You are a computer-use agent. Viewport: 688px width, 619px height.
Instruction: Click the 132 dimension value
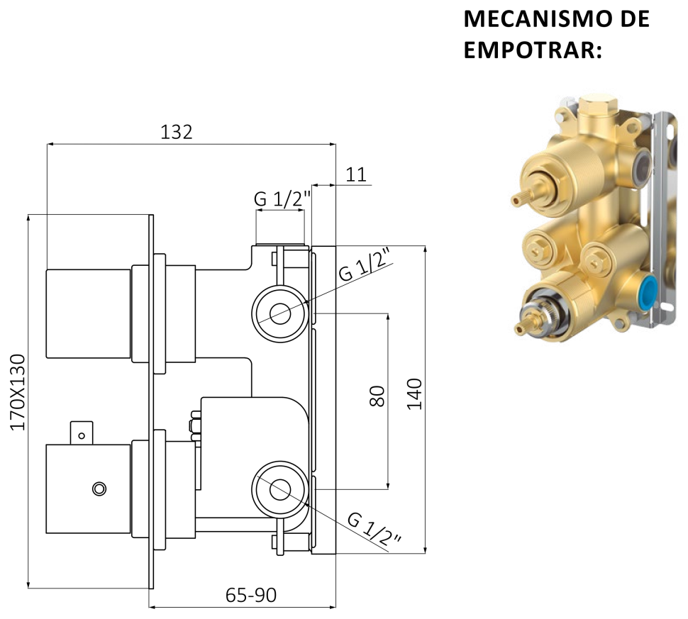(x=177, y=132)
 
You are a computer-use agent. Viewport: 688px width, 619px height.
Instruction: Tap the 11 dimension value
(x=356, y=175)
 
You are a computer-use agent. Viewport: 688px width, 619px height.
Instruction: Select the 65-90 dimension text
(x=251, y=596)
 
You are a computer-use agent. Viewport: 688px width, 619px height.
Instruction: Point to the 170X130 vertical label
(x=18, y=393)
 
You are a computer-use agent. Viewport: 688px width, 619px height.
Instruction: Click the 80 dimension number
(x=377, y=396)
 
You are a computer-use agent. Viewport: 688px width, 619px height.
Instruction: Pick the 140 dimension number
(x=414, y=394)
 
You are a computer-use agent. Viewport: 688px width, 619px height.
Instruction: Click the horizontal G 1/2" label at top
(x=282, y=199)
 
